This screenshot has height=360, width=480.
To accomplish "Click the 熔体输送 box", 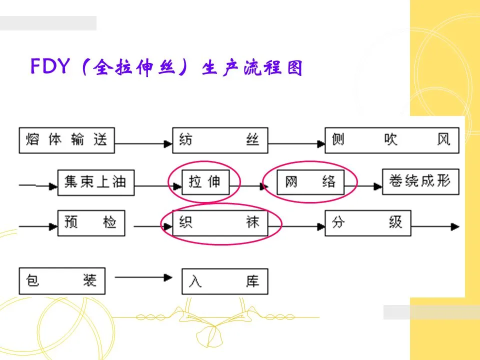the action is pos(66,140).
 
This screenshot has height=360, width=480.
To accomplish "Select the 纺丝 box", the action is pos(220,140).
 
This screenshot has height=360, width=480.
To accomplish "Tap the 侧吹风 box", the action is pos(391,140).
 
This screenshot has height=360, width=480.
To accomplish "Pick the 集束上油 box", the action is pos(96,182).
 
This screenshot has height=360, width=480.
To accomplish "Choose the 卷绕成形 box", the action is pos(419,181).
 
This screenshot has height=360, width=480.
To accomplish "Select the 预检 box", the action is pos(90,222).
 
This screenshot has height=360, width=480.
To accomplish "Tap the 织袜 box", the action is pos(220,222).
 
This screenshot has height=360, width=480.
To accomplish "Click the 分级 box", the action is pos(367,222).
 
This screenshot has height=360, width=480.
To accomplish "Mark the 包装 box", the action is pos(62,281).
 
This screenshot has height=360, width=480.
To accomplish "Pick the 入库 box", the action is pos(224,282).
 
